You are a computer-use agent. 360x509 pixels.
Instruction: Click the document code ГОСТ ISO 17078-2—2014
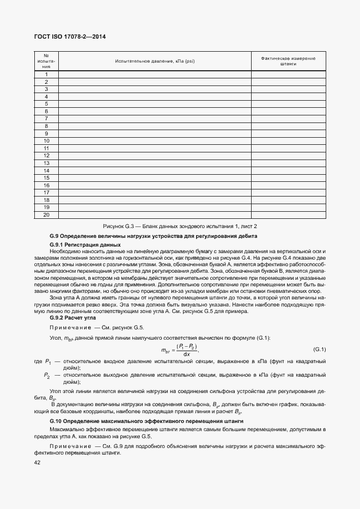[70, 37]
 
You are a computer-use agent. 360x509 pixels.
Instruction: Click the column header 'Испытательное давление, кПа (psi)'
[155, 61]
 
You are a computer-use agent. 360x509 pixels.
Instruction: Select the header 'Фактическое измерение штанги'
[288, 61]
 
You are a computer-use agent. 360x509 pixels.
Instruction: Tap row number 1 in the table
[47, 75]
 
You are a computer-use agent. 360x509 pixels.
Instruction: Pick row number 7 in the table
[47, 119]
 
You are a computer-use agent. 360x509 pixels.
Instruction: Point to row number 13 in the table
[47, 163]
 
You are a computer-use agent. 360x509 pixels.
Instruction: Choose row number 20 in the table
[47, 214]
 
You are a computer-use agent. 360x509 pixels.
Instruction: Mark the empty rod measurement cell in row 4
[288, 96]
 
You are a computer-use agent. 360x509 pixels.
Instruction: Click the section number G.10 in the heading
[56, 422]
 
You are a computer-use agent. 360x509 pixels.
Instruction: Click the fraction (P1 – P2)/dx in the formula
[186, 350]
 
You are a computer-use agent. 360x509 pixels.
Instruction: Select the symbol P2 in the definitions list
[47, 375]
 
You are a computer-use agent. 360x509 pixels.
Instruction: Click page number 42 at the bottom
[38, 462]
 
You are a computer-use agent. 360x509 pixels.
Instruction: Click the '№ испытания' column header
[47, 61]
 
